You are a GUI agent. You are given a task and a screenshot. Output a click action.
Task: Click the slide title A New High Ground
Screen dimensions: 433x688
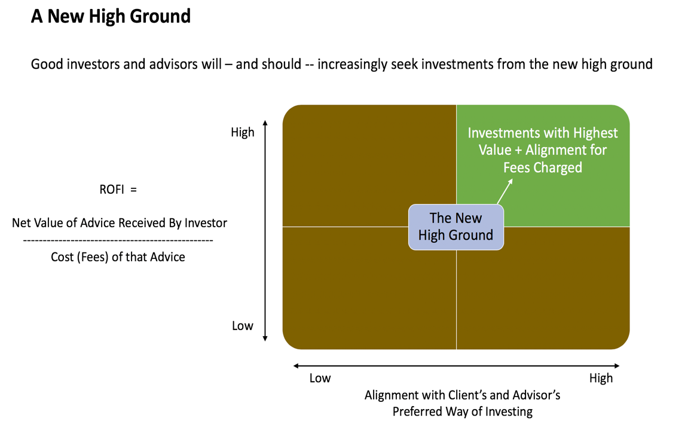(111, 16)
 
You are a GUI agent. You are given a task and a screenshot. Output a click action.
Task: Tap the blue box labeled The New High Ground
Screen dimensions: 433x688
(455, 227)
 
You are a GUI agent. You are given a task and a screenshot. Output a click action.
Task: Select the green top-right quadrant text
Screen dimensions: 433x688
(542, 150)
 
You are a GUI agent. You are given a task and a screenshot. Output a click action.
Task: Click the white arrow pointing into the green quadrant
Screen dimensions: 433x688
(504, 191)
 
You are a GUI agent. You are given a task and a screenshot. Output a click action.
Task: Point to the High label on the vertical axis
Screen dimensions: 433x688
(242, 132)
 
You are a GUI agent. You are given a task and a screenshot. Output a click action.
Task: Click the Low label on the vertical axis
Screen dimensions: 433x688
(242, 326)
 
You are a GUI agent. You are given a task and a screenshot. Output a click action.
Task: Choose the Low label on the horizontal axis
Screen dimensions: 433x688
(320, 378)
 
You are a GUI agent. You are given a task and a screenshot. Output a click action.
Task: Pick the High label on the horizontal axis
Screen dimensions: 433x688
(600, 378)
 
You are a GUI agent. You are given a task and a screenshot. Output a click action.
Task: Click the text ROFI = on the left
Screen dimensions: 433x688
(118, 190)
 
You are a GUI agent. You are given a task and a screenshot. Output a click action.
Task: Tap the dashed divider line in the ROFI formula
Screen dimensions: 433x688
(118, 240)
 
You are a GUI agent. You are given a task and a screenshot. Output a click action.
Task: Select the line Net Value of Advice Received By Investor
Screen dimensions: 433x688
(120, 223)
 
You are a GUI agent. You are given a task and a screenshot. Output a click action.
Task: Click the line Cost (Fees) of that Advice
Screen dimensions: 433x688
(118, 257)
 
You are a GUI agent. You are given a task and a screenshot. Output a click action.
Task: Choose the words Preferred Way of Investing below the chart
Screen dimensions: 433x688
(462, 411)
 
